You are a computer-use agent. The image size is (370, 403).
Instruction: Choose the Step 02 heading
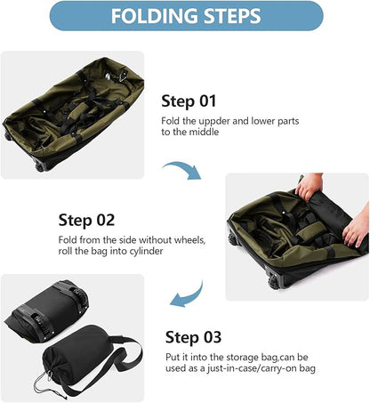88,220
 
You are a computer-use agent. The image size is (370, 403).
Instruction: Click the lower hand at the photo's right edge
357,230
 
